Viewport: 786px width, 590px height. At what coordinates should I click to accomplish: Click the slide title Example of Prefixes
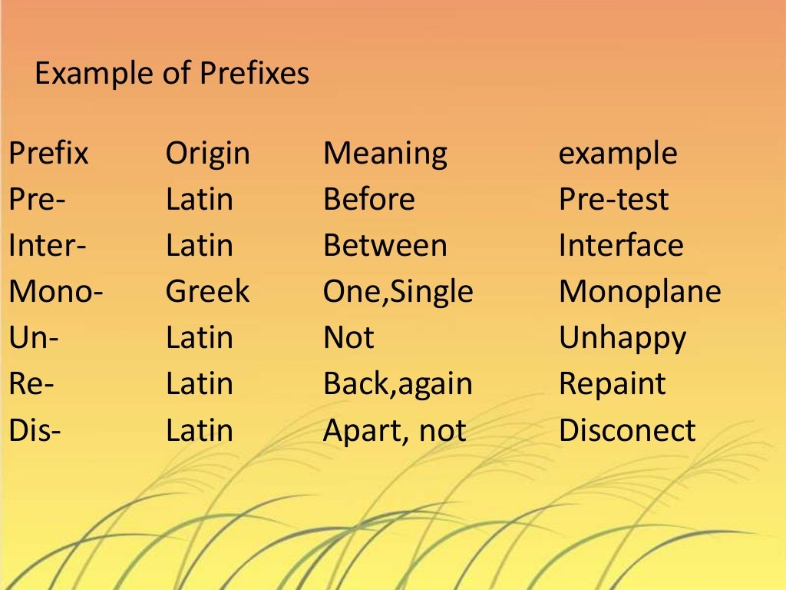(x=172, y=75)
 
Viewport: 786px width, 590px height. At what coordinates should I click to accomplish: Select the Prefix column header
(x=48, y=154)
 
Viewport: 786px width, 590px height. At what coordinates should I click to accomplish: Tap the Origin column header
(x=208, y=154)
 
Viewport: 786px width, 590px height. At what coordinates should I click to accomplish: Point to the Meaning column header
(x=385, y=154)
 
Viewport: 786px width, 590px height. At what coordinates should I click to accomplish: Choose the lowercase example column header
(x=618, y=154)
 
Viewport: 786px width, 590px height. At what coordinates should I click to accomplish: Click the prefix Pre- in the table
(x=38, y=200)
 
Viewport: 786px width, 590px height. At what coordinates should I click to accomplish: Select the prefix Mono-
(x=56, y=292)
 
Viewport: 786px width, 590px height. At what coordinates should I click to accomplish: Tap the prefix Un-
(x=34, y=338)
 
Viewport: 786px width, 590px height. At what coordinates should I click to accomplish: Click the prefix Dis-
(x=35, y=430)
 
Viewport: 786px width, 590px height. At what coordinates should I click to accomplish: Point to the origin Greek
(x=207, y=292)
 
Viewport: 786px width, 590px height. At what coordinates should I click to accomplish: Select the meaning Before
(x=369, y=200)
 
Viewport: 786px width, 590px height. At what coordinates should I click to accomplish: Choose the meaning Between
(x=385, y=246)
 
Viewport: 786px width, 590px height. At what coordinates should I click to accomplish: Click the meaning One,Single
(x=398, y=293)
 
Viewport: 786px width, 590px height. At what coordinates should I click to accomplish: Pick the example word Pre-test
(x=613, y=200)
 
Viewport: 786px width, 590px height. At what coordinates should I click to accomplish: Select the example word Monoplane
(x=639, y=292)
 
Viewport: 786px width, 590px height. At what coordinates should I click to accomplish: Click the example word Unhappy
(x=623, y=339)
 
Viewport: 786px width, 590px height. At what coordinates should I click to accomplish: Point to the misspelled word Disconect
(x=627, y=430)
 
